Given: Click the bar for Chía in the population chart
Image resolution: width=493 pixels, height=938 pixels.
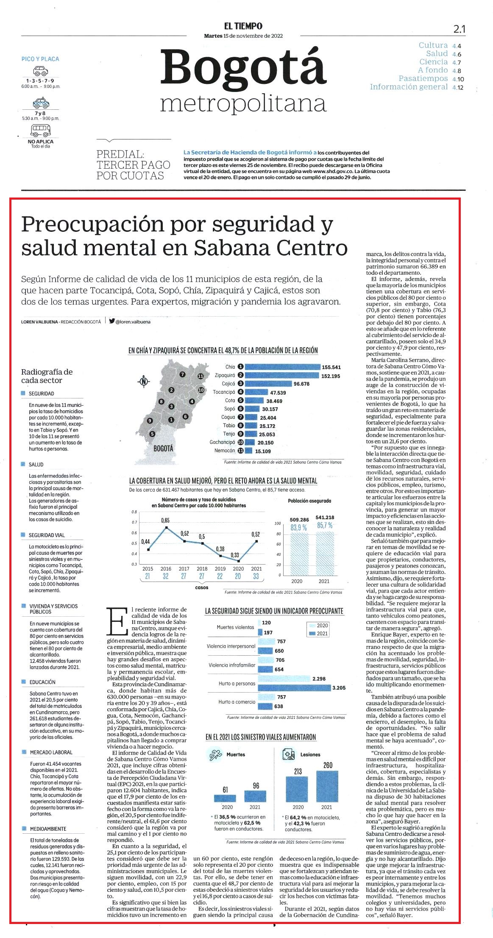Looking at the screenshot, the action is pyautogui.click(x=283, y=367).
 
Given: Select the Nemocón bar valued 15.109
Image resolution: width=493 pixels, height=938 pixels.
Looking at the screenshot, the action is pyautogui.click(x=249, y=451).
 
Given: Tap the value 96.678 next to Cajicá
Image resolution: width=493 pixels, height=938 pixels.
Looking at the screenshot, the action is pyautogui.click(x=301, y=384).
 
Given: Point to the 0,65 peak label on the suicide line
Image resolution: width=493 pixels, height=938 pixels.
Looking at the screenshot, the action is pyautogui.click(x=165, y=520).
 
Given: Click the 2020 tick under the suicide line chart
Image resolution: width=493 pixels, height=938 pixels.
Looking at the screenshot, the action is pyautogui.click(x=238, y=569).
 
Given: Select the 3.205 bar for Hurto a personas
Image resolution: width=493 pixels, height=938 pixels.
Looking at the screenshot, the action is pyautogui.click(x=294, y=687).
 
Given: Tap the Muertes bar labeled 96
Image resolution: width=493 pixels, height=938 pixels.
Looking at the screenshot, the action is pyautogui.click(x=255, y=796).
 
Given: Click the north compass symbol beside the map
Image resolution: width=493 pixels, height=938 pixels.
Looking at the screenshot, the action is pyautogui.click(x=144, y=381).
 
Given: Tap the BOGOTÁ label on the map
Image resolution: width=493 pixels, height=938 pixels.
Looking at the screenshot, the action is pyautogui.click(x=163, y=448).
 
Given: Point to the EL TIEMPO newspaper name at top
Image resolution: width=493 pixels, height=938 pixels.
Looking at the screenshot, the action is pyautogui.click(x=243, y=26).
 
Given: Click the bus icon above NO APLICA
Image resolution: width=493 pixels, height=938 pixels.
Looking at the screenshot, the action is pyautogui.click(x=41, y=130).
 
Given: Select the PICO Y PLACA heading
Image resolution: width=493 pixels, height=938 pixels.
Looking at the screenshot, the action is pyautogui.click(x=40, y=59).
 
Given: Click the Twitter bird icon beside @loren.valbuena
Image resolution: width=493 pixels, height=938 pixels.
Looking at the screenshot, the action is pyautogui.click(x=112, y=321).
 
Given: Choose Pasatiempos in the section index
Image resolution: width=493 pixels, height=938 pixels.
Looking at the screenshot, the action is pyautogui.click(x=423, y=78).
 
